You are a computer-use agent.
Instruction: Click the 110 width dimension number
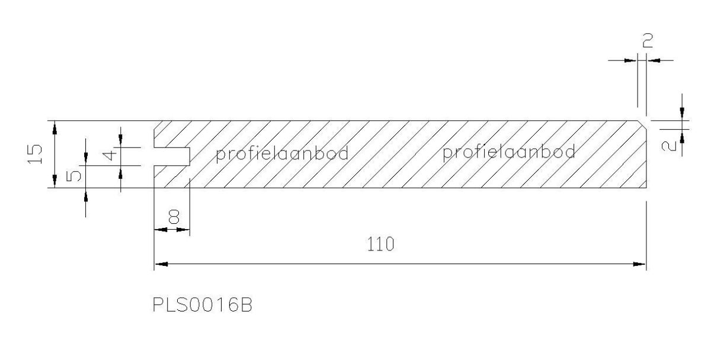380,244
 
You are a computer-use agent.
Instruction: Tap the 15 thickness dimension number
35,154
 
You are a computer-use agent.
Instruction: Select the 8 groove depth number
174,217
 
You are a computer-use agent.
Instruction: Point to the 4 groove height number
110,156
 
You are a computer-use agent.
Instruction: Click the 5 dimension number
73,176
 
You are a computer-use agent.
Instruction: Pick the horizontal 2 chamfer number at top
648,41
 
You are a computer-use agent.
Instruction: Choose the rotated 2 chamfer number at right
669,146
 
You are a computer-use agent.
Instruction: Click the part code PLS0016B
203,305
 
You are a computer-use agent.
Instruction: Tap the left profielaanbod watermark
282,154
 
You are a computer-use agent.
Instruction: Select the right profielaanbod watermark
509,152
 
